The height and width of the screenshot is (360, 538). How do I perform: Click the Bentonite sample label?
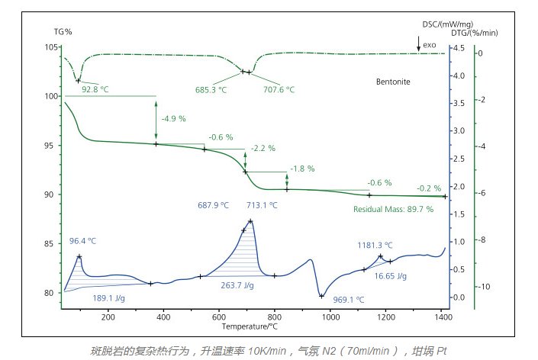pos(395,80)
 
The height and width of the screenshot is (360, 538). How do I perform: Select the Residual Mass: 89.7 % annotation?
pos(393,209)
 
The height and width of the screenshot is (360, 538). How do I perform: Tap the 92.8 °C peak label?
pos(95,89)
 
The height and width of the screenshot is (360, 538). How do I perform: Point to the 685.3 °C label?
pos(211,89)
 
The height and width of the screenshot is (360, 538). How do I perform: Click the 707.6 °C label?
pos(279,89)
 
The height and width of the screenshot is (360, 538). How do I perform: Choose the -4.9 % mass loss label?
pos(173,118)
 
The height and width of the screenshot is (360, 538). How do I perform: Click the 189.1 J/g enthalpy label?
pos(108,298)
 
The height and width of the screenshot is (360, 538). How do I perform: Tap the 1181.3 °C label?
pos(375,246)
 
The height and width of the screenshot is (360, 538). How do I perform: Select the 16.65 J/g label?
pos(391,276)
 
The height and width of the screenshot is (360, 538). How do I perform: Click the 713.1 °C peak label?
pos(262,205)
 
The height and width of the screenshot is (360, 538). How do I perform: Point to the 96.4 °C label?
pos(83,241)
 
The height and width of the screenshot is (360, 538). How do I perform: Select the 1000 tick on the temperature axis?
pos(330,317)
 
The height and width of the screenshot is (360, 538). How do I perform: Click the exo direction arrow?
pos(418,47)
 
